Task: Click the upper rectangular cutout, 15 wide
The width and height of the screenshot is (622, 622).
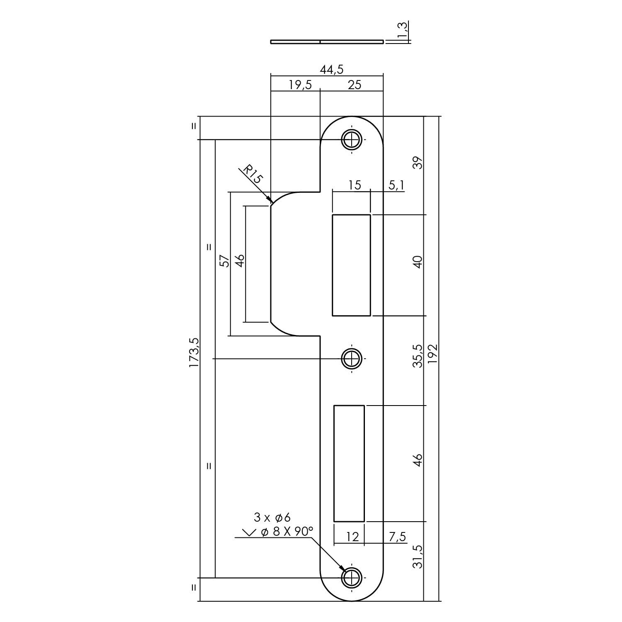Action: coord(351,265)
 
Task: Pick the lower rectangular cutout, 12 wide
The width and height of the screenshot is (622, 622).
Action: coord(349,463)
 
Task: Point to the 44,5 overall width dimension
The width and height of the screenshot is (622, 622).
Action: coord(331,70)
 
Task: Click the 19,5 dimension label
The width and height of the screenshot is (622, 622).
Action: coord(300,85)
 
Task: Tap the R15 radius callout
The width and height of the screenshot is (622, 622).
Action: coord(253,175)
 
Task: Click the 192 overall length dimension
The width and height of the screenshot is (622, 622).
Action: coord(432,354)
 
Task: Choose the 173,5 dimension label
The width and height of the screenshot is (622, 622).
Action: coord(194,352)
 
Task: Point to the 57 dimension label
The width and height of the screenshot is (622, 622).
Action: coord(224,261)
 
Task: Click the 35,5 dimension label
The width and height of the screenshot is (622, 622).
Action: coord(418,356)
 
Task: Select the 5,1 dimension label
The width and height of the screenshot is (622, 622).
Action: coord(396,185)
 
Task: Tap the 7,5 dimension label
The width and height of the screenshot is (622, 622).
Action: coord(397,537)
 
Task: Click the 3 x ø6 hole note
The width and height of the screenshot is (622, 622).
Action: coord(272,517)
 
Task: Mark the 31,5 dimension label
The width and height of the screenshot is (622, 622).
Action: coord(418,556)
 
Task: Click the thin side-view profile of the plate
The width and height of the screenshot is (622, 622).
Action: coord(327,41)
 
